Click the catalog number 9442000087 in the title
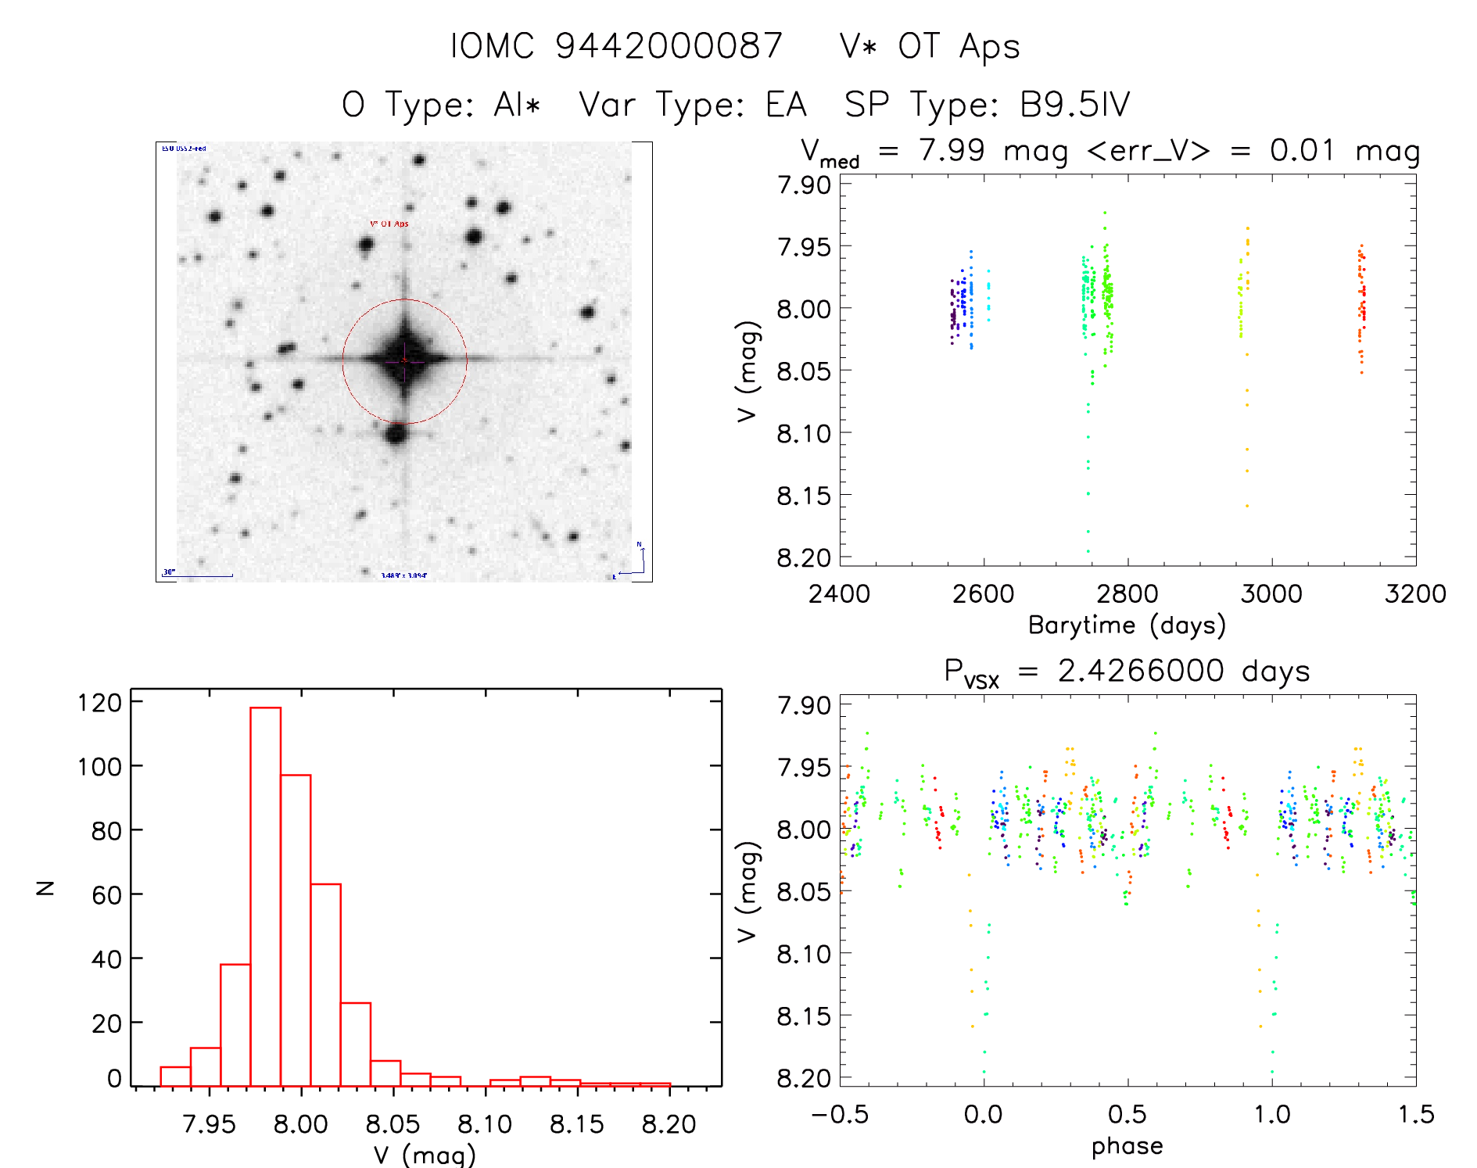tap(669, 46)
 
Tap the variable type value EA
tap(786, 105)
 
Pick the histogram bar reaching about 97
tap(296, 930)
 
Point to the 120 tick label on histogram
tap(100, 703)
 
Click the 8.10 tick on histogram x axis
tap(485, 1124)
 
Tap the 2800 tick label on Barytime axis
tap(1127, 594)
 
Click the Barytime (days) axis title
tap(1127, 625)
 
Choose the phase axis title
tap(1127, 1146)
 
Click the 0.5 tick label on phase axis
tap(1127, 1115)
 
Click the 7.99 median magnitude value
tap(952, 150)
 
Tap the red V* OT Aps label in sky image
tap(389, 224)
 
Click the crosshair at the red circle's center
tap(404, 360)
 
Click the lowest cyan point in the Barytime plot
tap(1088, 551)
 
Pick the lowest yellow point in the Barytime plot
tap(1247, 506)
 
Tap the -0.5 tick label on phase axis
tap(840, 1115)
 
